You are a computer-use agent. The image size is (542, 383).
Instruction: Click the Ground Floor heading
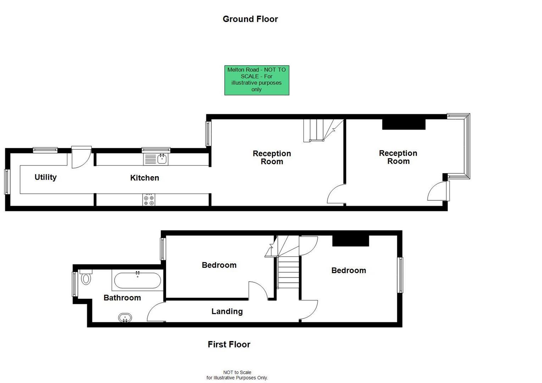click(250, 19)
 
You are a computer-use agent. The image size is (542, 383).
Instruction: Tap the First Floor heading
click(229, 344)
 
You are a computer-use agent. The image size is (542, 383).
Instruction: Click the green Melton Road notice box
click(257, 80)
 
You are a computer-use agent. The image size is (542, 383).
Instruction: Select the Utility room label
click(45, 177)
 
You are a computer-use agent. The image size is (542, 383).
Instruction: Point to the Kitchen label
click(144, 178)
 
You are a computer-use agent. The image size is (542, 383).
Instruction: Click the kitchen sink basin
click(162, 159)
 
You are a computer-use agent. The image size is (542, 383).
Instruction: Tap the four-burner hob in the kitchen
click(149, 200)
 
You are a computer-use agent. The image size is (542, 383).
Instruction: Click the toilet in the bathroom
click(86, 277)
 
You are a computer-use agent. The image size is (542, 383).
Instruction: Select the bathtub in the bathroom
click(137, 280)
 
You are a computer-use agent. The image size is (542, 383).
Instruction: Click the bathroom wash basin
click(125, 318)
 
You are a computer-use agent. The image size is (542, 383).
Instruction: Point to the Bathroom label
click(122, 298)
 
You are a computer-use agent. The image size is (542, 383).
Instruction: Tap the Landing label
click(227, 311)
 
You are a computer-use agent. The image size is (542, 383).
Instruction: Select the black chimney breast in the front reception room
click(404, 124)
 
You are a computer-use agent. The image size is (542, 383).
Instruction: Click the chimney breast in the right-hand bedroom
click(350, 241)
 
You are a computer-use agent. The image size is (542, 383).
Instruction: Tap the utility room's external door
click(82, 157)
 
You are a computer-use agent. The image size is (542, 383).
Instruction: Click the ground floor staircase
click(324, 130)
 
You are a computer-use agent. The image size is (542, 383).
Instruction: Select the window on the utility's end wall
click(7, 182)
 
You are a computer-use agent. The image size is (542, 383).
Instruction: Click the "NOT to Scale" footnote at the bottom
click(237, 375)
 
